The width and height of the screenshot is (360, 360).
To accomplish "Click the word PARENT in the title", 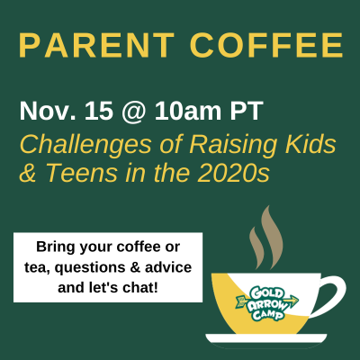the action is pyautogui.click(x=96, y=45).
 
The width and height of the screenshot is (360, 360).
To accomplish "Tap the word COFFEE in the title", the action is pyautogui.click(x=266, y=45).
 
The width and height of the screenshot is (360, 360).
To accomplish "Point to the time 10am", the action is pyautogui.click(x=188, y=111).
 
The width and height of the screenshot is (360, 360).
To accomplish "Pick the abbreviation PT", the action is pyautogui.click(x=247, y=111).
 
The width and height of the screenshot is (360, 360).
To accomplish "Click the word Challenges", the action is pyautogui.click(x=85, y=146).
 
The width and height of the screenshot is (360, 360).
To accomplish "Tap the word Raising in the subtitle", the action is pyautogui.click(x=232, y=146).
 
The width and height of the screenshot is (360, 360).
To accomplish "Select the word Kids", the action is pyautogui.click(x=310, y=144).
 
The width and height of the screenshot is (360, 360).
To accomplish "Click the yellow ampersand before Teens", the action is pyautogui.click(x=28, y=173).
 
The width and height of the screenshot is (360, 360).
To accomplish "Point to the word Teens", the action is pyautogui.click(x=81, y=173).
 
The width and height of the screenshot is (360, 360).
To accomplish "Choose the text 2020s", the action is pyautogui.click(x=233, y=173).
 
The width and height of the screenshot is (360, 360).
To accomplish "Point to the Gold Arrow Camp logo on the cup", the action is pyautogui.click(x=267, y=303).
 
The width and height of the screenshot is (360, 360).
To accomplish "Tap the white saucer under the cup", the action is pyautogui.click(x=266, y=338).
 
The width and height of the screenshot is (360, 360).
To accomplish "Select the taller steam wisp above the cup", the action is pyautogui.click(x=272, y=237).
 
